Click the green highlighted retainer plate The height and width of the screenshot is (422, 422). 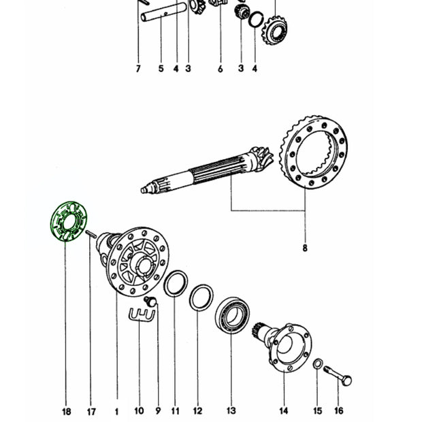58,231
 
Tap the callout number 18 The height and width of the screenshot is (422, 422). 67,412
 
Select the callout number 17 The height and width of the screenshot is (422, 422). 91,412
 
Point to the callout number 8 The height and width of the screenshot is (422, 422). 305,248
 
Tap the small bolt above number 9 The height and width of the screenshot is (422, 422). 150,301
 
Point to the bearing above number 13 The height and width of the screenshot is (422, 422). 233,315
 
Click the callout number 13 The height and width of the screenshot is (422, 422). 231,410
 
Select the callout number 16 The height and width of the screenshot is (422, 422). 339,410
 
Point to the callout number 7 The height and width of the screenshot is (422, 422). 138,69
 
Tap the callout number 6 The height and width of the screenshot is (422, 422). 220,69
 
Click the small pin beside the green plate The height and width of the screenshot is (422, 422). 91,234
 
